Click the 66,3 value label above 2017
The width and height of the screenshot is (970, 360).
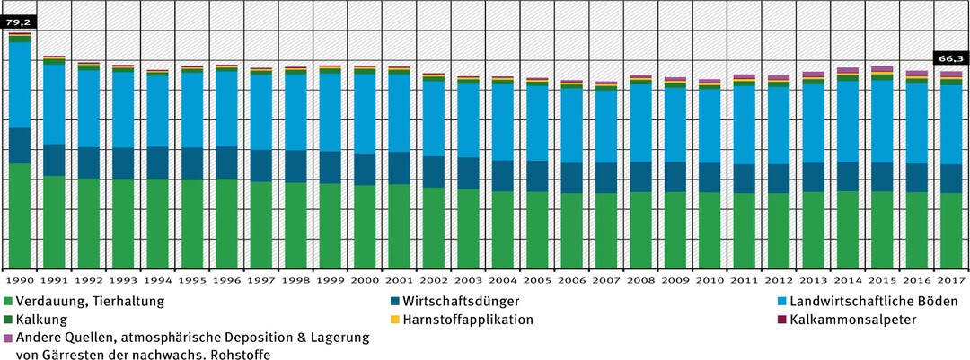(950, 57)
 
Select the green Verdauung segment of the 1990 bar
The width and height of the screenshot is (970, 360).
(20, 215)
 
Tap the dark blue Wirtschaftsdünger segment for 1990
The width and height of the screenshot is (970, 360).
(20, 145)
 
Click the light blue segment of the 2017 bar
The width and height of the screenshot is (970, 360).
(951, 125)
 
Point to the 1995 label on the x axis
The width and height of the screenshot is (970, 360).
(191, 278)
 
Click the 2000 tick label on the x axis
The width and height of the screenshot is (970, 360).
(364, 278)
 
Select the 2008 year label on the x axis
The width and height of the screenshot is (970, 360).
(640, 278)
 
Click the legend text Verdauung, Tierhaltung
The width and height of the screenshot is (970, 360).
(90, 302)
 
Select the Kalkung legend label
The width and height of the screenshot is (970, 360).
(42, 320)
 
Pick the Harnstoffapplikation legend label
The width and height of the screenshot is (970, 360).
(468, 320)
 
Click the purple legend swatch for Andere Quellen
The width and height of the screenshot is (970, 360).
(8, 338)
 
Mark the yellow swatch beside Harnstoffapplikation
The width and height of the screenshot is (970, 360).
(395, 320)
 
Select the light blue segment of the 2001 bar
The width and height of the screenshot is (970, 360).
(398, 112)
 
